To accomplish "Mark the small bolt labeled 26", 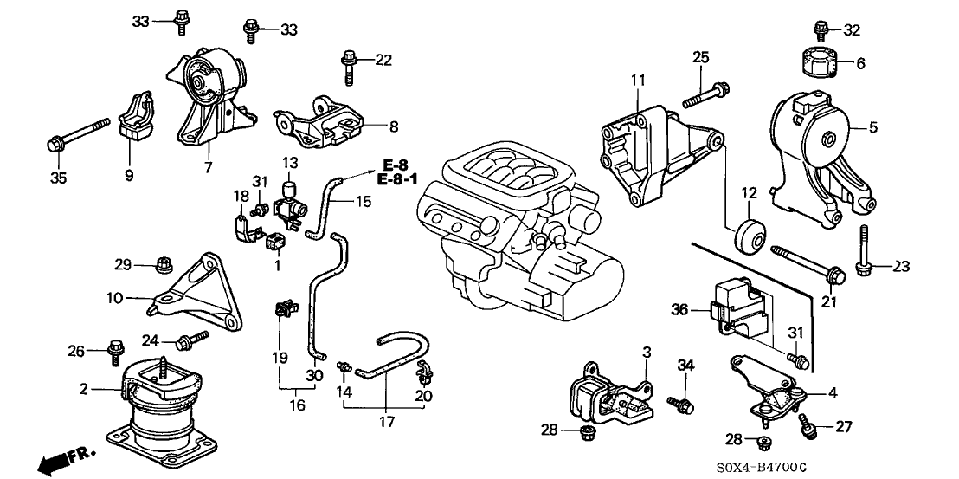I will [114, 350].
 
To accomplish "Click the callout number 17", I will [386, 423].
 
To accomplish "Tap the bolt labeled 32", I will [820, 29].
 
